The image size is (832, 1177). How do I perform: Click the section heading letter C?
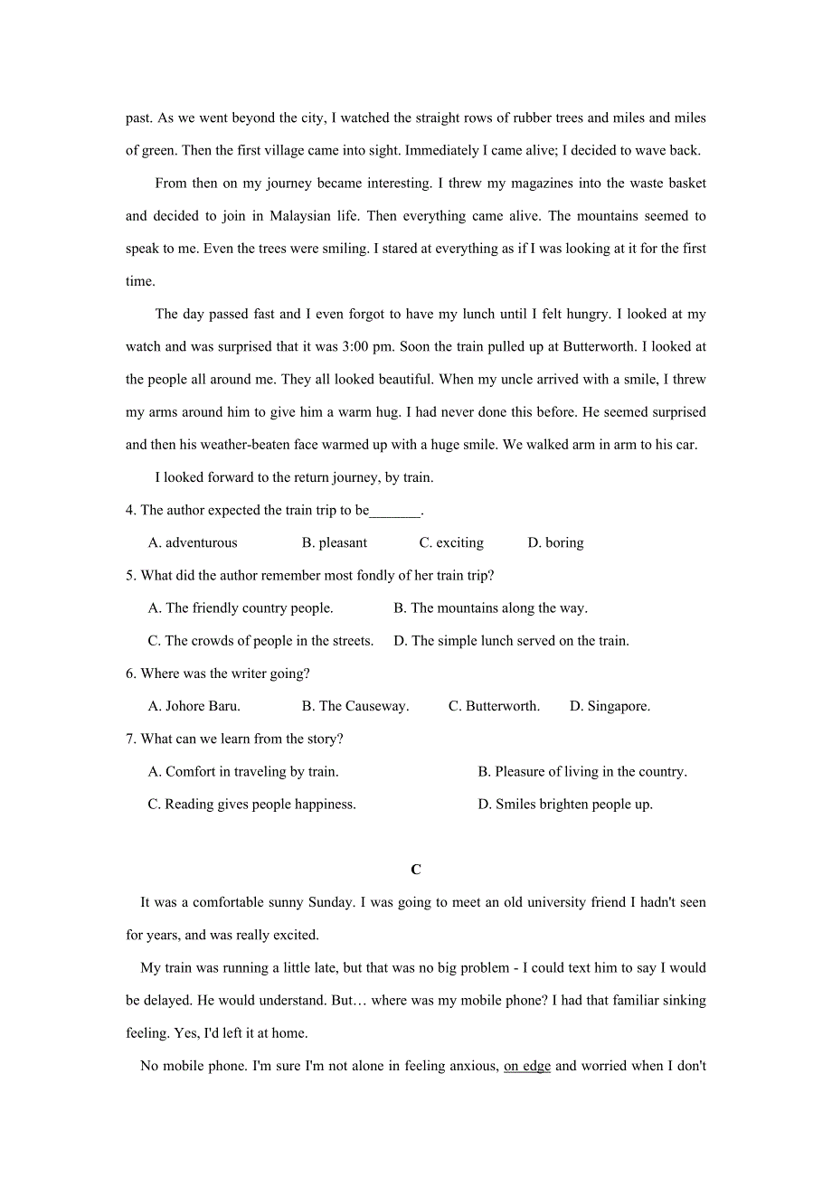click(x=416, y=870)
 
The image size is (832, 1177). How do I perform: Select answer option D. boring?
click(x=555, y=542)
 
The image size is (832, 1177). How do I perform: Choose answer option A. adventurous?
click(x=193, y=542)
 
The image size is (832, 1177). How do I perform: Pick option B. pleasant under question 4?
click(x=335, y=542)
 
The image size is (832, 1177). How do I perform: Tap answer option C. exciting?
click(x=451, y=542)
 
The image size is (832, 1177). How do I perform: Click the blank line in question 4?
click(x=395, y=512)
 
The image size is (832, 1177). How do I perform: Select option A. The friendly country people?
click(x=241, y=608)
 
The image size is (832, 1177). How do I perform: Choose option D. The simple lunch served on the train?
click(x=511, y=641)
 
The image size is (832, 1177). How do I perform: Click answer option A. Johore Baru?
click(x=194, y=706)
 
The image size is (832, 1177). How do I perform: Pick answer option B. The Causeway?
click(x=355, y=706)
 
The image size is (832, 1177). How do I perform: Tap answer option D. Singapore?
click(x=610, y=706)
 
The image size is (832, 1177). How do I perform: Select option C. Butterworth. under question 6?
click(x=494, y=706)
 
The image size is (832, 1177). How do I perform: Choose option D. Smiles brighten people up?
click(x=565, y=804)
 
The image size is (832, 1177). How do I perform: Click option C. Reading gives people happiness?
click(x=252, y=804)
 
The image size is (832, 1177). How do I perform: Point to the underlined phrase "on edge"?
click(x=527, y=1066)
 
